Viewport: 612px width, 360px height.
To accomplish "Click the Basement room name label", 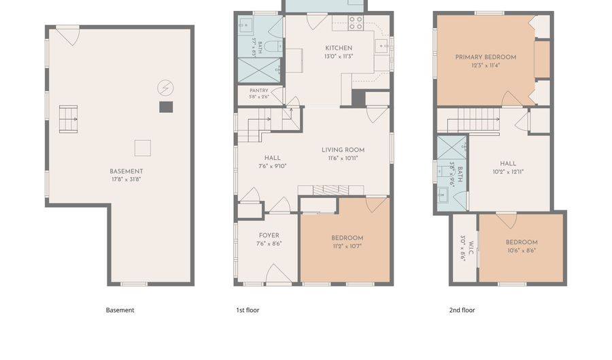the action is (126, 171).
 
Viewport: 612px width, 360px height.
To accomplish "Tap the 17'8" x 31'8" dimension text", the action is (126, 180).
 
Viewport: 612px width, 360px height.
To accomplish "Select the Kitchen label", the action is (339, 48).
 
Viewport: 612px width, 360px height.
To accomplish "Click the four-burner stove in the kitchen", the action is (356, 23).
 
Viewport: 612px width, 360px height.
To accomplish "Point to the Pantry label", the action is (259, 91).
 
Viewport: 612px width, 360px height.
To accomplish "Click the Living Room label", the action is (343, 150).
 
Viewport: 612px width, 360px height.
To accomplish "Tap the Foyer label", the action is (269, 235).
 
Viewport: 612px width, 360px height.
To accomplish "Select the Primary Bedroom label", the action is (486, 57).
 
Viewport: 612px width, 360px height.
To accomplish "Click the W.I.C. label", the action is (471, 248).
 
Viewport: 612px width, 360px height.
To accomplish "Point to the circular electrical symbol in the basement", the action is (165, 88).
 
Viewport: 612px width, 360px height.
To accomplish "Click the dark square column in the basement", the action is (166, 107).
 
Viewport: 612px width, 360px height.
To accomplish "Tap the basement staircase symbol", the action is (68, 119).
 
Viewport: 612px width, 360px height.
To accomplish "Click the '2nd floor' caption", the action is (462, 310).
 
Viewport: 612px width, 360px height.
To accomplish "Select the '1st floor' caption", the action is (248, 310).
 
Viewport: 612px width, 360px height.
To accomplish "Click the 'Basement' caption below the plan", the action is (120, 310).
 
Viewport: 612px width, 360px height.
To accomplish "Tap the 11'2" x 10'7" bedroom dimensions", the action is (347, 246).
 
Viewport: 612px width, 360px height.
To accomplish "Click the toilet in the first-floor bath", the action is (273, 46).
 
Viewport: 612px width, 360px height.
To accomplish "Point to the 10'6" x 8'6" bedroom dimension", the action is (522, 250).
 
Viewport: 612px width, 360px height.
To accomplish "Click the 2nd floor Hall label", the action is (508, 163).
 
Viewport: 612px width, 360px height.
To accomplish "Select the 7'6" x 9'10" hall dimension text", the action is (273, 166).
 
